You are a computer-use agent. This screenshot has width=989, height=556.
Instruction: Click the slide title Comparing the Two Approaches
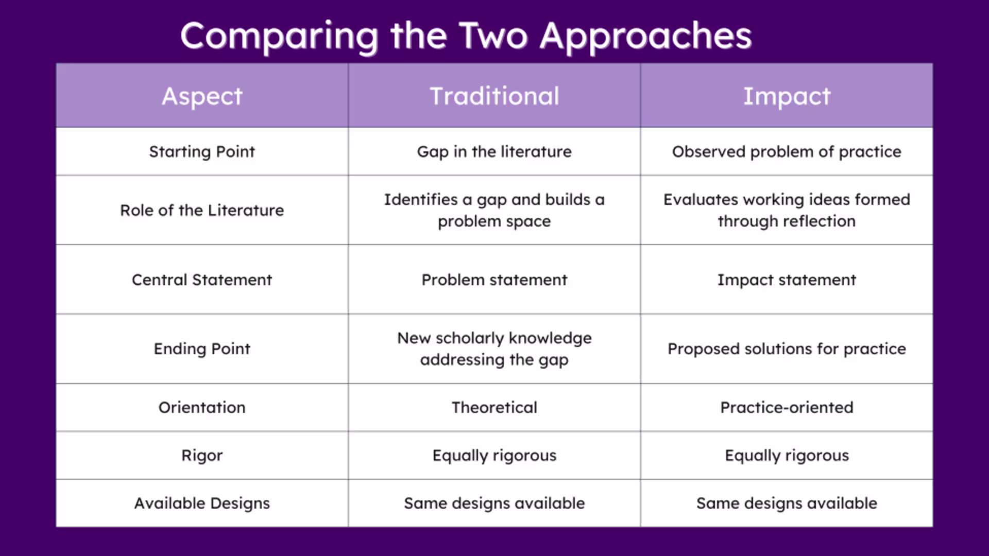click(x=466, y=36)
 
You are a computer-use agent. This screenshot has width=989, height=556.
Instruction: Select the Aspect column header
click(x=202, y=96)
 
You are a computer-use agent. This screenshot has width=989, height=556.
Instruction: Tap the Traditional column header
click(x=494, y=96)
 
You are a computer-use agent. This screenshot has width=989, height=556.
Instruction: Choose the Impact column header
click(x=786, y=96)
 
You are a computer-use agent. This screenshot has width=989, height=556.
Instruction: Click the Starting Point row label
click(x=202, y=152)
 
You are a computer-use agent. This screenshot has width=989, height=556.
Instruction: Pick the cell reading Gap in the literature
click(x=494, y=152)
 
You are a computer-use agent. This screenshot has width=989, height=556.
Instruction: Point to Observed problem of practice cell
click(x=786, y=152)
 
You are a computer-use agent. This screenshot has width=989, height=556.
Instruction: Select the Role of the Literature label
click(x=202, y=211)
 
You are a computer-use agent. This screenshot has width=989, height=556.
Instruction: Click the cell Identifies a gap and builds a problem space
click(x=494, y=211)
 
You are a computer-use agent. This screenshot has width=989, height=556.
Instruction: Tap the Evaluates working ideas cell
click(x=786, y=211)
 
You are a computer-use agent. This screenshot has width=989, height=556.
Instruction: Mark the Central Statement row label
click(x=202, y=280)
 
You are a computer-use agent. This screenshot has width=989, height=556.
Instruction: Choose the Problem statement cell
click(x=494, y=280)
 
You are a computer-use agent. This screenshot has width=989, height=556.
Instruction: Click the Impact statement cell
click(x=786, y=280)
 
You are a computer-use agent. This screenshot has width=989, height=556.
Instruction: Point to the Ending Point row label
click(x=202, y=349)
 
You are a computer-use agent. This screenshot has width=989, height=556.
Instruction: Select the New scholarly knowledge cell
click(x=494, y=349)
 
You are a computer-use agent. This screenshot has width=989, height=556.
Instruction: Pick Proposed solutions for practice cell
click(x=786, y=349)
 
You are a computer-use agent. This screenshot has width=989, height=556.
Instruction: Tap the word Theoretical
click(x=494, y=408)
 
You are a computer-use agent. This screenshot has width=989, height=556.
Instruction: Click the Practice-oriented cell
click(x=786, y=408)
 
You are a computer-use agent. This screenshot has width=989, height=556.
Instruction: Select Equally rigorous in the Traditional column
click(x=494, y=456)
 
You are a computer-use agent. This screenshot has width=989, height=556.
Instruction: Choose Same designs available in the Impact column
click(x=786, y=503)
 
